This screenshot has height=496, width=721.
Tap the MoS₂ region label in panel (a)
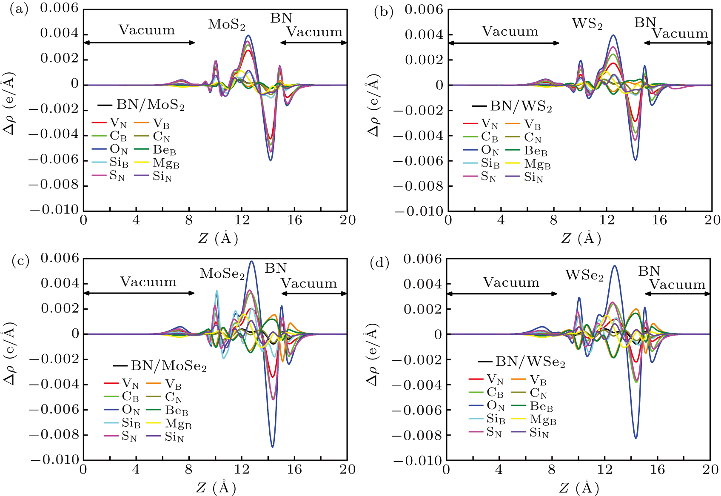pyautogui.click(x=226, y=25)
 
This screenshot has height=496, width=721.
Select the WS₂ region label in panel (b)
pyautogui.click(x=587, y=24)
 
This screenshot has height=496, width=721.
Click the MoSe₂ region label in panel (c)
pyautogui.click(x=222, y=274)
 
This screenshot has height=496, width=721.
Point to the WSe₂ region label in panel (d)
pyautogui.click(x=584, y=276)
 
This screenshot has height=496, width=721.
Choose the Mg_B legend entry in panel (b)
pyautogui.click(x=537, y=164)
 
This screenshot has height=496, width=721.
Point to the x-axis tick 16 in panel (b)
pyautogui.click(x=659, y=220)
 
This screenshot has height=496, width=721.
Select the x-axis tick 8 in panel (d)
pyautogui.click(x=551, y=470)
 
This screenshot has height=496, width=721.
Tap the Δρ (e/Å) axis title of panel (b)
pyautogui.click(x=373, y=106)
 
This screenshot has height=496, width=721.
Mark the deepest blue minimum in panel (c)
pyautogui.click(x=272, y=446)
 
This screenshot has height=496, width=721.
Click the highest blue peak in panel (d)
pyautogui.click(x=615, y=266)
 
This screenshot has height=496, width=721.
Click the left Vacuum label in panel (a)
pyautogui.click(x=146, y=30)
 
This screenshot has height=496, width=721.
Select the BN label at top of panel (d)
pyautogui.click(x=649, y=271)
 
